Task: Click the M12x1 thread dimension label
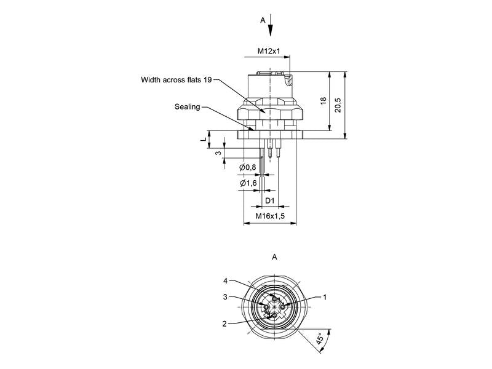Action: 269,51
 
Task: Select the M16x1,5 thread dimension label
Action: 270,216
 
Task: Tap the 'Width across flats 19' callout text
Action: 177,80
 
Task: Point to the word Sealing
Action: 188,106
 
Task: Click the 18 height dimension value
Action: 323,101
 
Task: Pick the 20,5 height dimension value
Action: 338,105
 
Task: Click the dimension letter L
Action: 204,139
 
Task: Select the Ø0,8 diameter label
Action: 248,167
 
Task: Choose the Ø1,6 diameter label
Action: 248,183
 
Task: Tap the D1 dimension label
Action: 270,200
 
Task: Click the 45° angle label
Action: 320,339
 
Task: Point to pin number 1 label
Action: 325,297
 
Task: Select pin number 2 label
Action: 224,324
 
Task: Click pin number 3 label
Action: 225,297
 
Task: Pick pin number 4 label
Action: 225,281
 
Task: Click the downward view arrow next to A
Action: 271,25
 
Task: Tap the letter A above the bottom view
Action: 274,257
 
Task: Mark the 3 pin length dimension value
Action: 219,153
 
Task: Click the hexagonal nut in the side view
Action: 270,112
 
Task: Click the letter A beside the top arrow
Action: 263,20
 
